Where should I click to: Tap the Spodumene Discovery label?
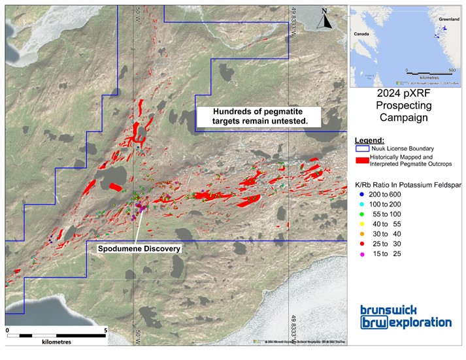[139, 249]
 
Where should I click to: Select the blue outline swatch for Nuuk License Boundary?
[361, 149]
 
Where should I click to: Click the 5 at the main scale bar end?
[106, 331]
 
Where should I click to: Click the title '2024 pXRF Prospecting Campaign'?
[406, 106]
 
